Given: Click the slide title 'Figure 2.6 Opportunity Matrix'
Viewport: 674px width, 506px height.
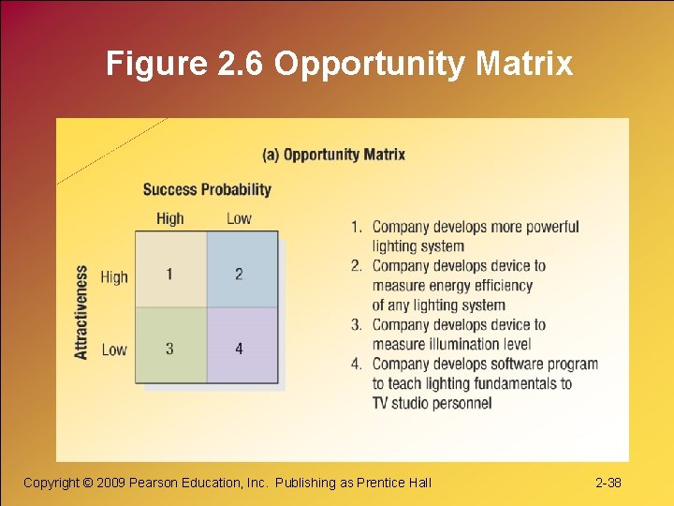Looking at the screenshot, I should coord(339,63).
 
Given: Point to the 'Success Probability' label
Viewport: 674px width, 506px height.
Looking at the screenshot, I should coord(207,189).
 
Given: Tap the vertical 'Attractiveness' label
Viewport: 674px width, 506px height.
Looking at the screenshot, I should coord(81,312).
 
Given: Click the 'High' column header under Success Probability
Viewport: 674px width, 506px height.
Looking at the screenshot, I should coord(170,218).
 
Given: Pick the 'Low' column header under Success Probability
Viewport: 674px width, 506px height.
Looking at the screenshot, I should coord(239,218).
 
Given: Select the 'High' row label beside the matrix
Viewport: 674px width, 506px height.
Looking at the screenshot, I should coord(114,276).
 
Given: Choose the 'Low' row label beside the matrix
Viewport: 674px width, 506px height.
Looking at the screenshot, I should coord(114,350).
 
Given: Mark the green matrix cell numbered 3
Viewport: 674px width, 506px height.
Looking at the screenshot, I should coord(170,348).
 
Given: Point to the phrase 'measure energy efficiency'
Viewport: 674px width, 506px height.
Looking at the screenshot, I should coord(452,286).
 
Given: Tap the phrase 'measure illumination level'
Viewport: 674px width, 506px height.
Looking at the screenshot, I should coord(451,344).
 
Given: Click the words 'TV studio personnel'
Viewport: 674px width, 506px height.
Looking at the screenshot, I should coord(432,403).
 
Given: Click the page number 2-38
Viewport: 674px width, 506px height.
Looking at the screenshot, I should coord(608,483).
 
